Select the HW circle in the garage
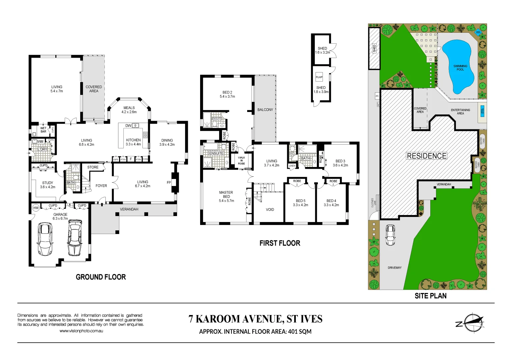click(36, 208)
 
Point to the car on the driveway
click(390, 235)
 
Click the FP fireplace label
click(169, 183)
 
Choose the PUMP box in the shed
click(319, 77)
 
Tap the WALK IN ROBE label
click(241, 161)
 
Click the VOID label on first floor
click(270, 210)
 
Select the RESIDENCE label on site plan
click(427, 156)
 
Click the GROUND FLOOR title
click(101, 277)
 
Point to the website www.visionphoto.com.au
click(81, 331)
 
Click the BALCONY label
click(265, 110)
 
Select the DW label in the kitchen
click(128, 126)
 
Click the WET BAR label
click(43, 130)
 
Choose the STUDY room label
click(48, 183)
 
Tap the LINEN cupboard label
click(292, 166)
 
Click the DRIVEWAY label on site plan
click(395, 268)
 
